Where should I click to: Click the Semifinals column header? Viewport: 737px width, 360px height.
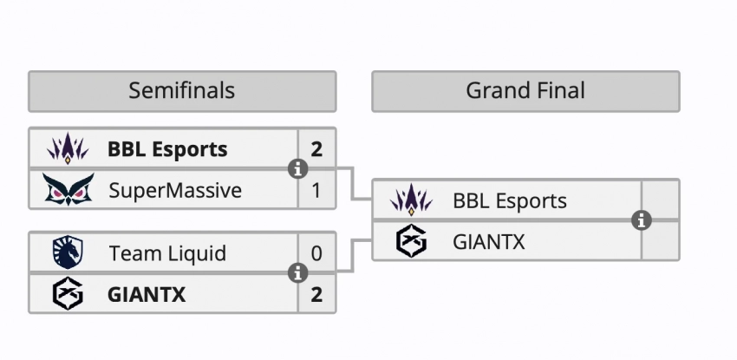181,90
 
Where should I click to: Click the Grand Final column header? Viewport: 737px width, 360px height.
525,90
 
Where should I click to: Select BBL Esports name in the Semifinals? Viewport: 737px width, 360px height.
167,149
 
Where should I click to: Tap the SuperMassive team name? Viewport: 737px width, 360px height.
175,189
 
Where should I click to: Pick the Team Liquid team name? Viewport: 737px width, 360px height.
167,253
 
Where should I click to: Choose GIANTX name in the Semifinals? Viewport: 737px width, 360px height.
147,294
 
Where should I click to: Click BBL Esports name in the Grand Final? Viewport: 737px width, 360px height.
510,201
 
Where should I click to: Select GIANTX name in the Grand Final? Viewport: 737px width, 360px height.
489,241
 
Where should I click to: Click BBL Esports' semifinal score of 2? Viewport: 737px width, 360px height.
316,149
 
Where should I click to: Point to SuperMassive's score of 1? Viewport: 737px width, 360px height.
316,189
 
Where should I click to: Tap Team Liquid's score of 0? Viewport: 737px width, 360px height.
316,253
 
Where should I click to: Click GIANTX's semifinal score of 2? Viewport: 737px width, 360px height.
316,294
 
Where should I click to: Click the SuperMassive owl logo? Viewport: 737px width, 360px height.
68,189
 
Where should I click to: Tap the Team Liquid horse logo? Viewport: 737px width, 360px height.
68,252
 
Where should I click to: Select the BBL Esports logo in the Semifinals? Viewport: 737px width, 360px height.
68,149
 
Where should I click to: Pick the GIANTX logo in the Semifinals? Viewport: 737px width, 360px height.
68,294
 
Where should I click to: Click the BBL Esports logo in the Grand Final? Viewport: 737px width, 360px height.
412,201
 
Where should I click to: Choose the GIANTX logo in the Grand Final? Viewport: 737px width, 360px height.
412,241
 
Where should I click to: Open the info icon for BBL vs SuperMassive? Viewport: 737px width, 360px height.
297,169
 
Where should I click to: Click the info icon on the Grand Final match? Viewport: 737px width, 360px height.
642,220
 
